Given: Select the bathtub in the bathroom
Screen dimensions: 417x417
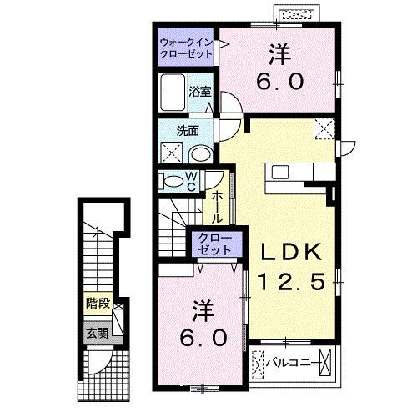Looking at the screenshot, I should (173, 93).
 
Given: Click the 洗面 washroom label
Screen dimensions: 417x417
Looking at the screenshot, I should (186, 131).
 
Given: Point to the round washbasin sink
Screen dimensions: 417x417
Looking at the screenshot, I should (200, 154).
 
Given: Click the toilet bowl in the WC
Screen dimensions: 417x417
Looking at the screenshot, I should (173, 181).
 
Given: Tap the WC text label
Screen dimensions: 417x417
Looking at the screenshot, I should (191, 181).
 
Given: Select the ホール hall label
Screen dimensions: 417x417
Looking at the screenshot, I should (216, 207).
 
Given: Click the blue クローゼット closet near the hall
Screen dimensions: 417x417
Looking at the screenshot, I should (214, 244).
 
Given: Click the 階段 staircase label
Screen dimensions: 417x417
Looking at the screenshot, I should (98, 304).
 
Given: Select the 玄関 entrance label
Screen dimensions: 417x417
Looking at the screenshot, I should (97, 333).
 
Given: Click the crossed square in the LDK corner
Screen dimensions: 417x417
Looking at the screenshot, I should (323, 130).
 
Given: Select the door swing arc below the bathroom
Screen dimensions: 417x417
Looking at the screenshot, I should (229, 108).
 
